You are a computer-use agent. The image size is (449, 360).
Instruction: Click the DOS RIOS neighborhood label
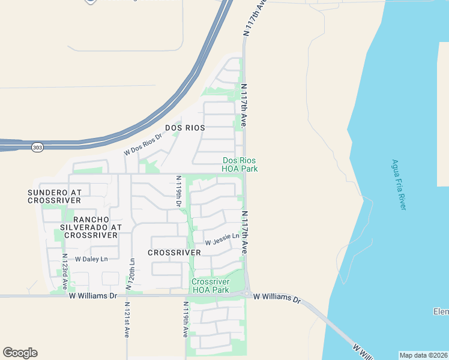pos(185,128)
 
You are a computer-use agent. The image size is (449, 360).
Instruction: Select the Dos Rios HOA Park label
pos(240,165)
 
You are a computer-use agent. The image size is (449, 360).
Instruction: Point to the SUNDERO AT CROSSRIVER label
pos(54,196)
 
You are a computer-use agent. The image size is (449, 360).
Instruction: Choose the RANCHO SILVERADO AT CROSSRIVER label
pos(91,227)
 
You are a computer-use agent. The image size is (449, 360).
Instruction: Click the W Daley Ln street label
pos(91,259)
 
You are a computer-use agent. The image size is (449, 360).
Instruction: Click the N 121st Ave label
pos(127,320)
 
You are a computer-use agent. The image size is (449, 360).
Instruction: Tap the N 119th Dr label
pos(178,191)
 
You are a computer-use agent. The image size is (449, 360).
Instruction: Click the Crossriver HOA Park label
pos(210,286)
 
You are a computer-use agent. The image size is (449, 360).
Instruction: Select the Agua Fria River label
pos(399,184)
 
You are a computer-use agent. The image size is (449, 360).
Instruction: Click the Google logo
pos(20,353)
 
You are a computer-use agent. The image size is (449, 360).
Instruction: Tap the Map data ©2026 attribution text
pos(423,355)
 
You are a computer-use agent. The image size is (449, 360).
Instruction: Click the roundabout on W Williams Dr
pos(246,293)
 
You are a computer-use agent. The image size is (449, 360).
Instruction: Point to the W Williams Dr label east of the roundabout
pos(276,298)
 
